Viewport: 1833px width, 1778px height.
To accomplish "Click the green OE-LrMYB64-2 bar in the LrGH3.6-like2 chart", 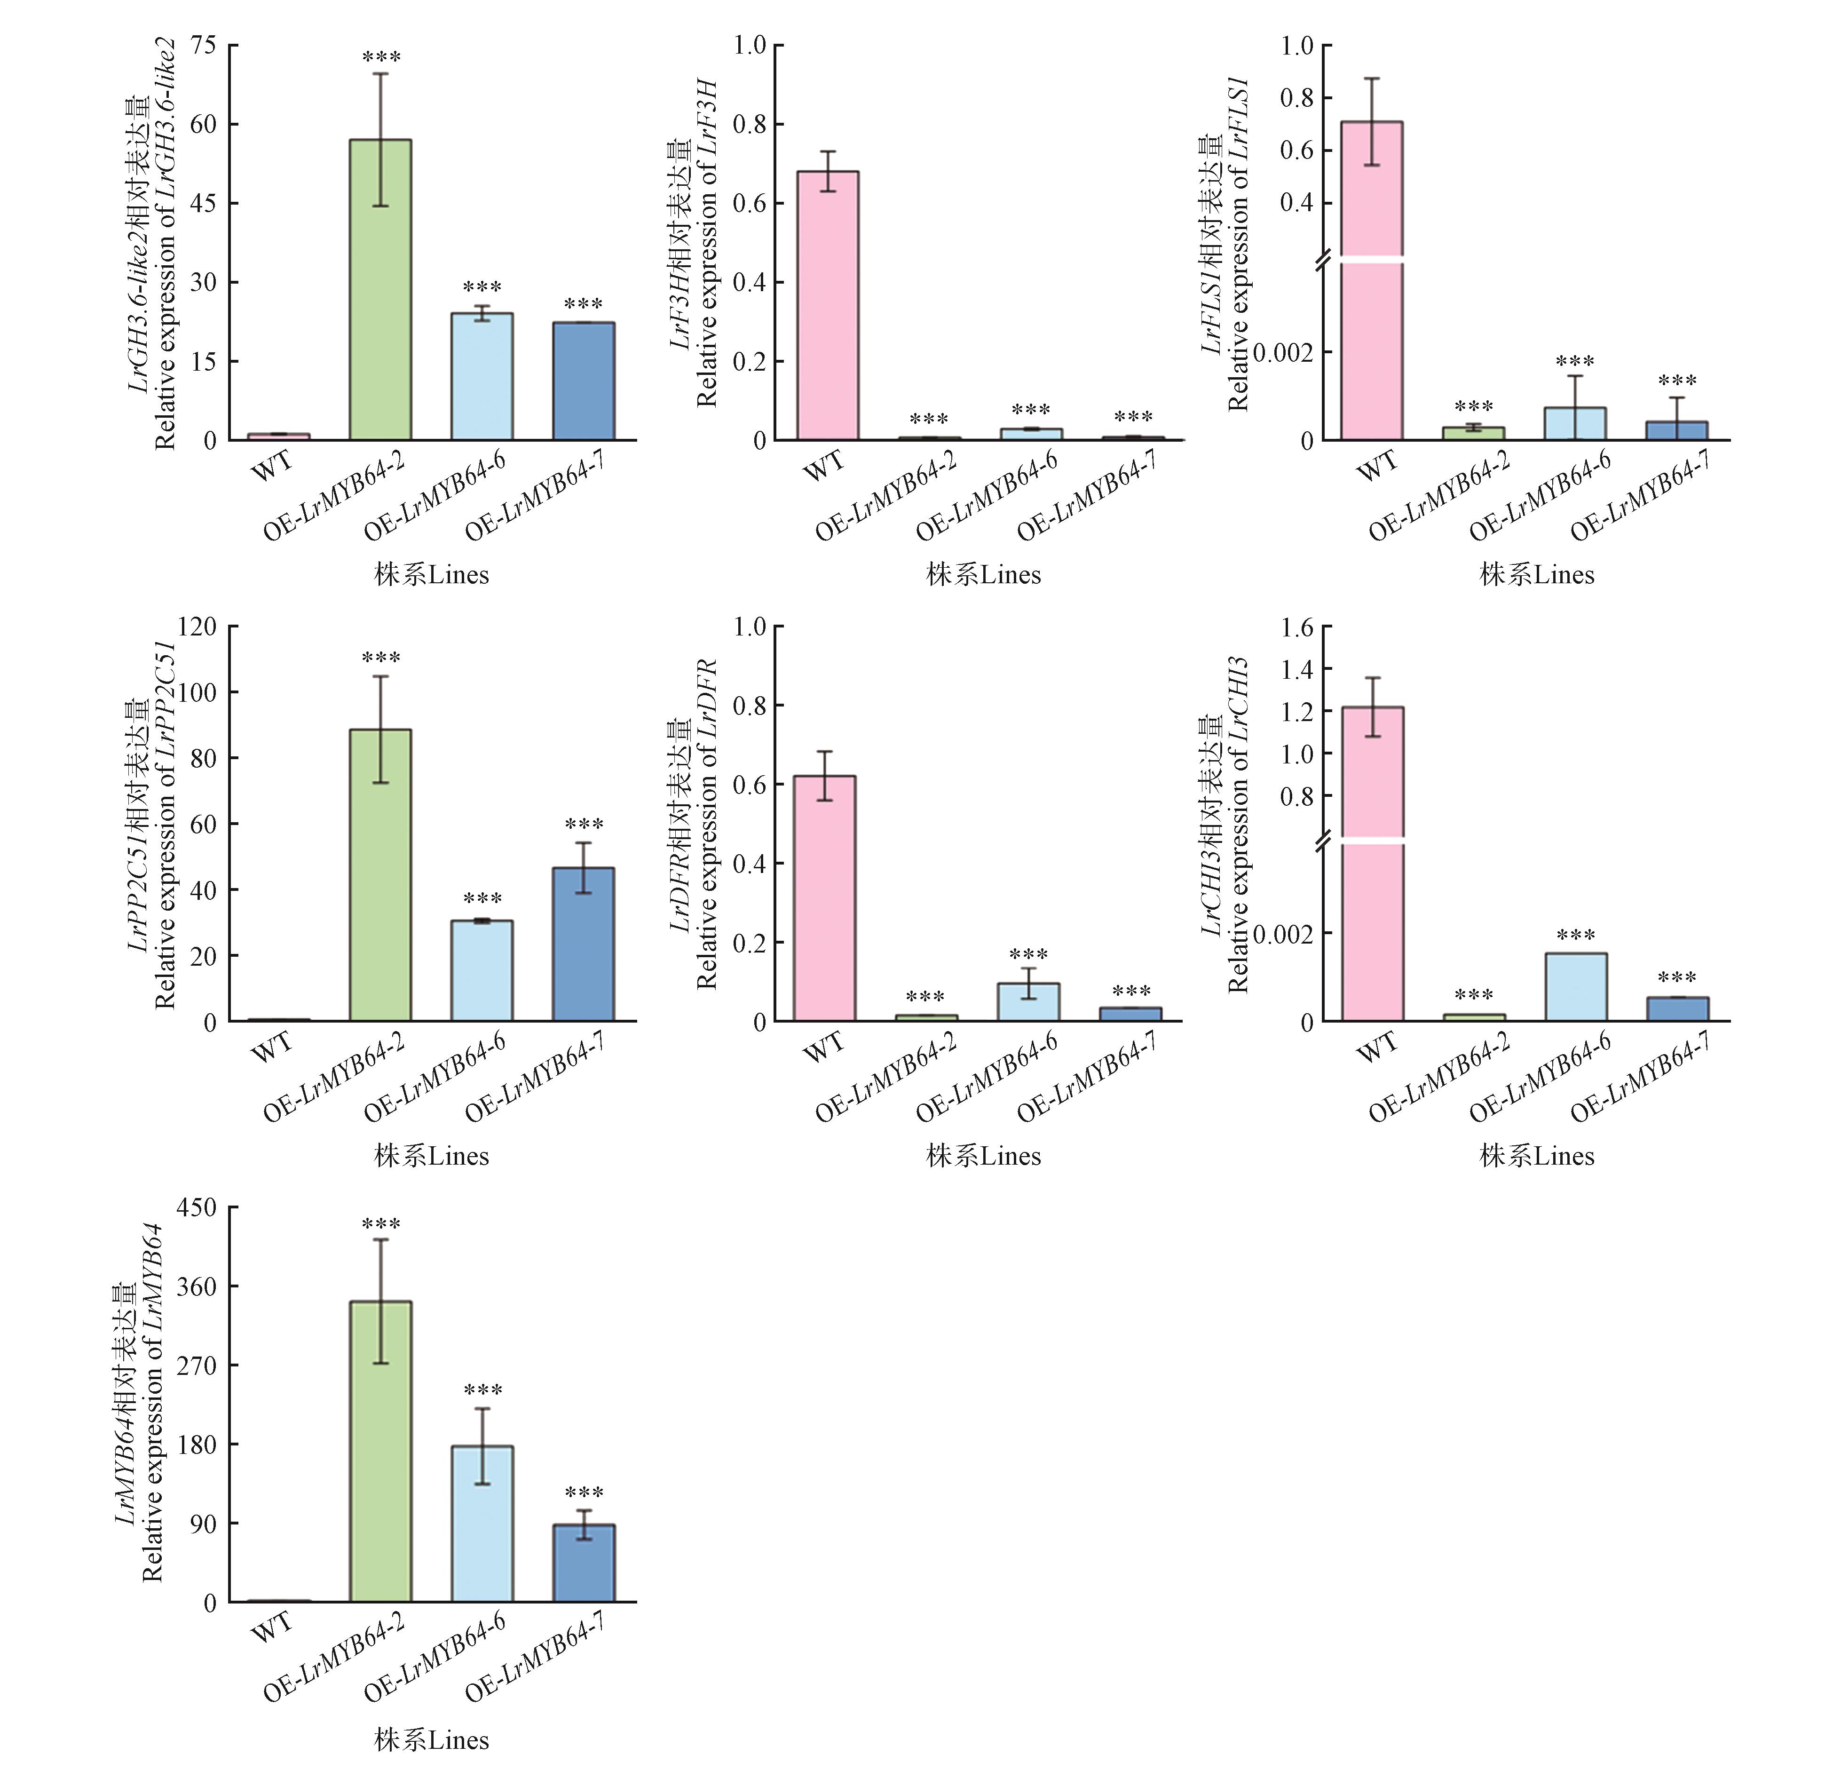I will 380,290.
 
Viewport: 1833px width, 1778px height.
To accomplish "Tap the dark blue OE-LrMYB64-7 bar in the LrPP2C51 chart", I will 584,945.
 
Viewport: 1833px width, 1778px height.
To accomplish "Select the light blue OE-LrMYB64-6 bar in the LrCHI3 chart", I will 1576,987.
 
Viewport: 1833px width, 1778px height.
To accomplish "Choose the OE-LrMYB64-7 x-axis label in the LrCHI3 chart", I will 1641,1076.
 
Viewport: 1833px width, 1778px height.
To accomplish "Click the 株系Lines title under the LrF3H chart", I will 984,574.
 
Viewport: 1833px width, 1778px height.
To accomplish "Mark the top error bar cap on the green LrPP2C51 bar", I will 380,676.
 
